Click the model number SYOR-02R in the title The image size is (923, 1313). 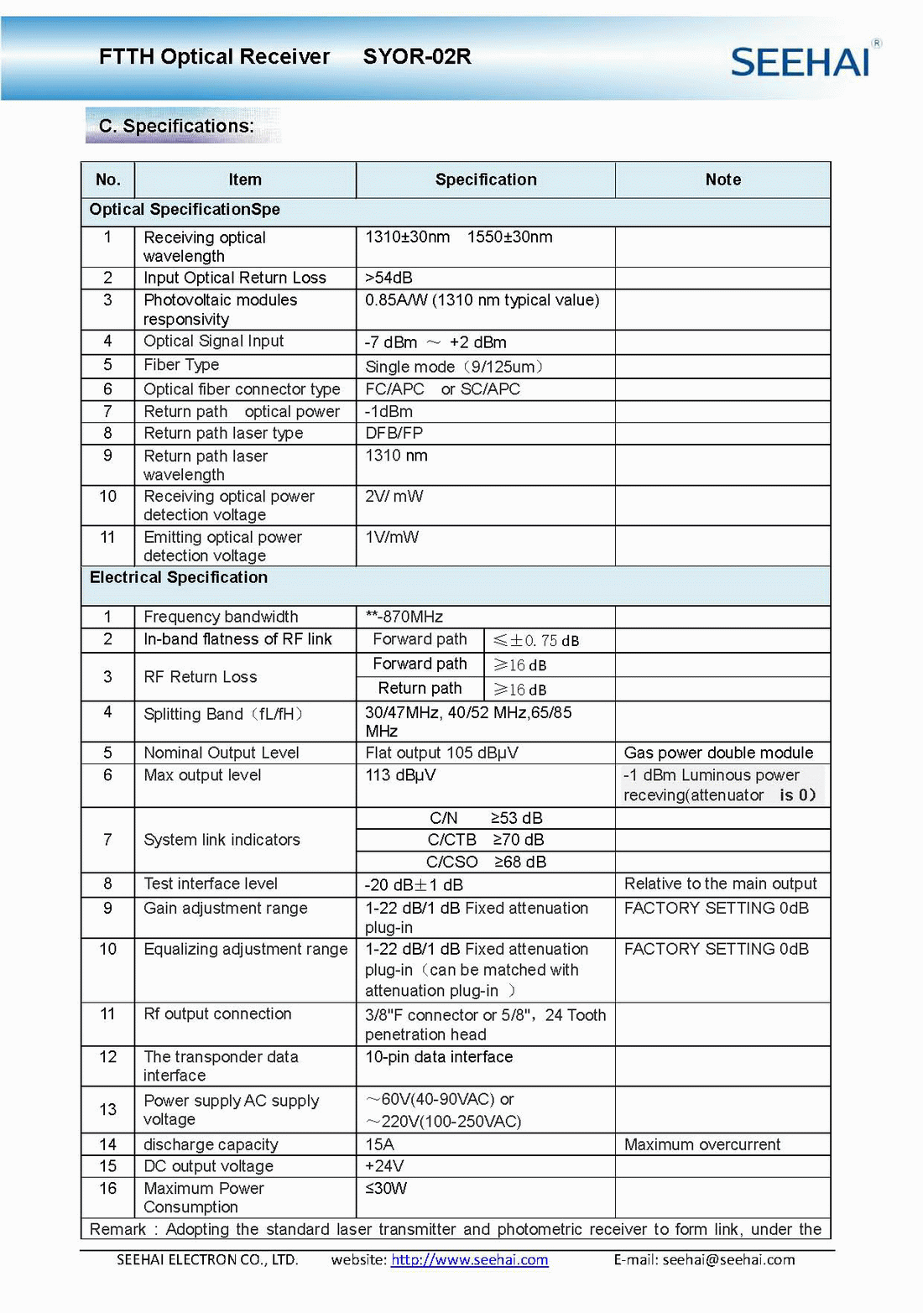click(x=417, y=57)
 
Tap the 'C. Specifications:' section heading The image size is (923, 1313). click(x=176, y=126)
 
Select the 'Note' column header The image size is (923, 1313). click(x=722, y=180)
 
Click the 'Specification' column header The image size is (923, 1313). click(x=486, y=180)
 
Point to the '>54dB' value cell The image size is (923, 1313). click(x=388, y=278)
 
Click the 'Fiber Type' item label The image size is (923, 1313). click(x=181, y=365)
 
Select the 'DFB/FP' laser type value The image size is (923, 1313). click(x=394, y=433)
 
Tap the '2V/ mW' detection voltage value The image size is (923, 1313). click(x=394, y=496)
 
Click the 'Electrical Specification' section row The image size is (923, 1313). click(x=179, y=577)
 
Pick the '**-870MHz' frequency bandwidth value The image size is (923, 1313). click(x=404, y=617)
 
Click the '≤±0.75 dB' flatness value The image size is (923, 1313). click(x=536, y=640)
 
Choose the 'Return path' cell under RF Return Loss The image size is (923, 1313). click(x=420, y=689)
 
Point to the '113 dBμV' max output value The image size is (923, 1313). click(x=400, y=775)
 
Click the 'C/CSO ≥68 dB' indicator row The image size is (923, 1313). click(x=486, y=862)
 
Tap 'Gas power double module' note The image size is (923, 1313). click(x=718, y=753)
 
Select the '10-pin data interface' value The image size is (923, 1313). click(x=439, y=1057)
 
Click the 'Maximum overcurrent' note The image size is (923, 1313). click(x=701, y=1144)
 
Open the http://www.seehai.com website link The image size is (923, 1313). click(x=469, y=1259)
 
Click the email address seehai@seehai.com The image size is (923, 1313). click(x=728, y=1259)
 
